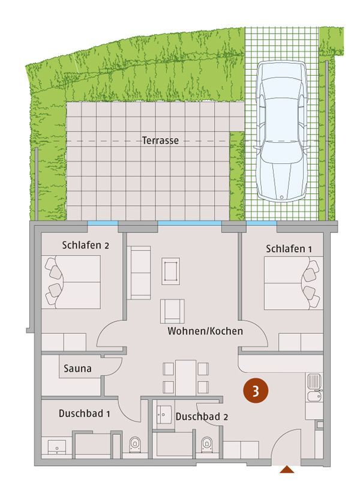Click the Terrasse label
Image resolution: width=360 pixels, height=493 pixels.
(x=160, y=141)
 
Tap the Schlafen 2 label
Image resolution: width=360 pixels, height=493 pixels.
(x=85, y=245)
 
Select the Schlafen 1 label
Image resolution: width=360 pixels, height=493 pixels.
(x=289, y=249)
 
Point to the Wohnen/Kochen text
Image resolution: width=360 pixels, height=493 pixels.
(x=205, y=331)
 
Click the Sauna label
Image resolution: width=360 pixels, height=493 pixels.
(x=77, y=368)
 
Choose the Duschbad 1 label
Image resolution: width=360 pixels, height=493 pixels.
(x=84, y=414)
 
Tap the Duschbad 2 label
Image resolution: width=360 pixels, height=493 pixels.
(x=202, y=417)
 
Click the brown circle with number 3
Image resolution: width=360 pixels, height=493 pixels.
(x=256, y=392)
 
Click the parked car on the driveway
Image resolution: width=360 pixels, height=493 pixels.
(x=281, y=130)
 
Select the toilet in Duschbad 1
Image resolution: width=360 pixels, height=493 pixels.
(x=135, y=444)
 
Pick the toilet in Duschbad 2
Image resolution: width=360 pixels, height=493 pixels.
(x=206, y=444)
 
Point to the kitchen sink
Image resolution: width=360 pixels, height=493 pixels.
(x=314, y=388)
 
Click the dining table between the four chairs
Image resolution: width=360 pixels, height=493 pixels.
(x=185, y=378)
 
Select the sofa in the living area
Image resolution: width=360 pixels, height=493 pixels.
(x=139, y=273)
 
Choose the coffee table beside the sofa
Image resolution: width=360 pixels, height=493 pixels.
(x=171, y=271)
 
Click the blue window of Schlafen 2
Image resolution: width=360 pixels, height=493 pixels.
(x=103, y=223)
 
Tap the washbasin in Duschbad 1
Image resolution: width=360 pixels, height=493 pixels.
(x=57, y=447)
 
